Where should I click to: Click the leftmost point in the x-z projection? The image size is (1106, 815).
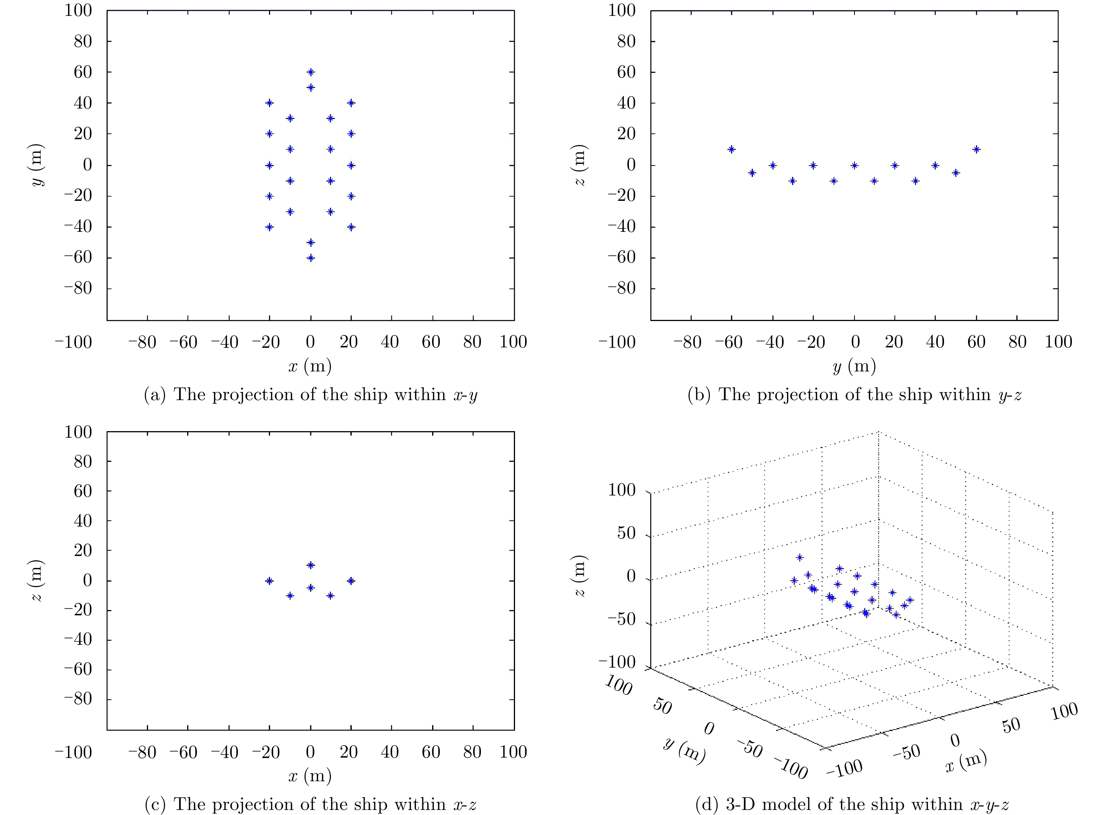click(269, 581)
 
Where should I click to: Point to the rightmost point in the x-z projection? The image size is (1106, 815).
click(351, 581)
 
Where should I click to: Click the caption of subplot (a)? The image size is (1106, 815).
click(311, 395)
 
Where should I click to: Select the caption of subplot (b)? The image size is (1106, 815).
click(854, 395)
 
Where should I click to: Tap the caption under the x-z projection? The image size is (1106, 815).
click(311, 804)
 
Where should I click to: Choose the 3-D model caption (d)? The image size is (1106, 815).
click(854, 804)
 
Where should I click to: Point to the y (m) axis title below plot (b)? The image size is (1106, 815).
click(854, 366)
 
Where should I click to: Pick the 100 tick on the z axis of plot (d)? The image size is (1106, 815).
click(622, 490)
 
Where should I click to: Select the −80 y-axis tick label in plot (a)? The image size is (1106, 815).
click(78, 288)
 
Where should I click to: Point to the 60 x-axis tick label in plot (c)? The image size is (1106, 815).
click(431, 752)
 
